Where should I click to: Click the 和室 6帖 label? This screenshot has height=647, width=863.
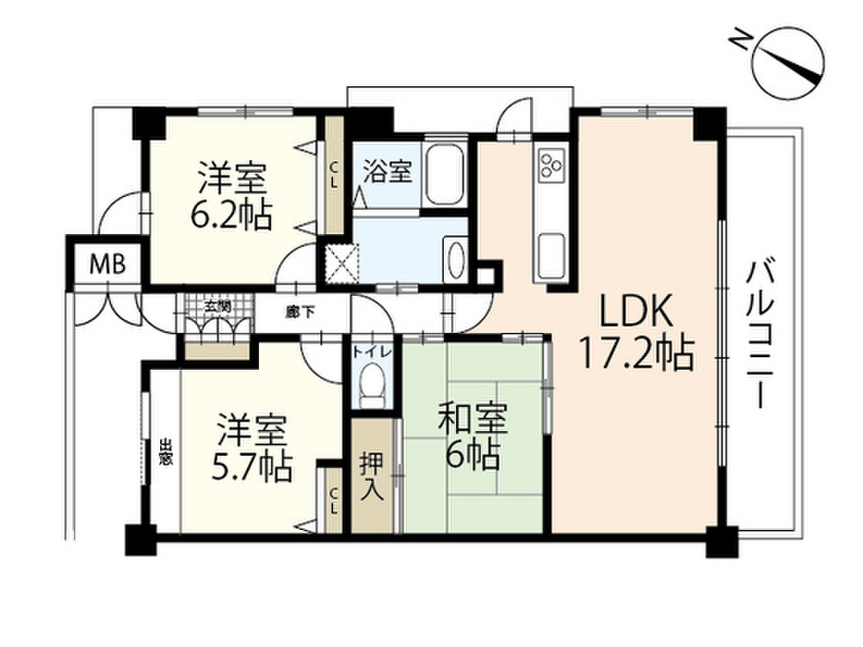[x=472, y=437]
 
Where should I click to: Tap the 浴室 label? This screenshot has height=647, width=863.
[x=387, y=172]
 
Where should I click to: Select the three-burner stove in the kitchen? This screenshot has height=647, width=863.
[x=553, y=164]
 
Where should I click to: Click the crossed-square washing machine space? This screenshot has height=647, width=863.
[x=343, y=261]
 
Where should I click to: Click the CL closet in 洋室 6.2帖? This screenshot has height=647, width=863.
[x=335, y=177]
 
